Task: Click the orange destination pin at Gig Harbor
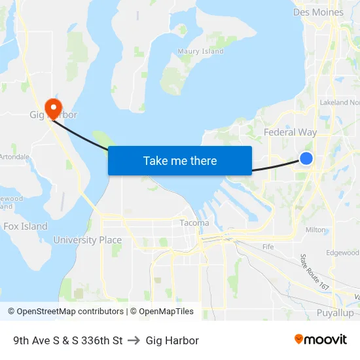52,107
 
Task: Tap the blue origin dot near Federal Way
306,158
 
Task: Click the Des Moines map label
318,12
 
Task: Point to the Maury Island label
201,51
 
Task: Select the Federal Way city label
290,132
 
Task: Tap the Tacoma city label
194,223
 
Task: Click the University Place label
87,240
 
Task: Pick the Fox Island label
25,226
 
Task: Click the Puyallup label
334,314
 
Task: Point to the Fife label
268,247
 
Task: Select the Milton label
315,230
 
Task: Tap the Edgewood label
343,253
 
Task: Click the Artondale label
14,157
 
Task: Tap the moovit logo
320,340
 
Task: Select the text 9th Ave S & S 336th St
67,340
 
